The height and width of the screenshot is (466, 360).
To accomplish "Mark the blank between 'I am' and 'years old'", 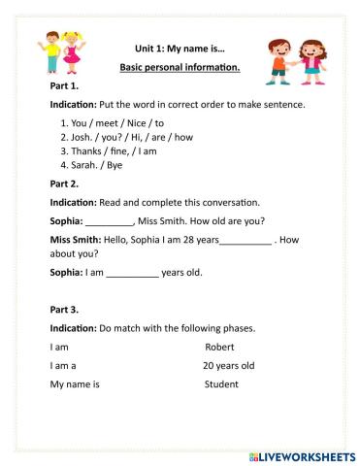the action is pyautogui.click(x=132, y=274).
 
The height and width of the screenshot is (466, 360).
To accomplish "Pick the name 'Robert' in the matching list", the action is pyautogui.click(x=220, y=347).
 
